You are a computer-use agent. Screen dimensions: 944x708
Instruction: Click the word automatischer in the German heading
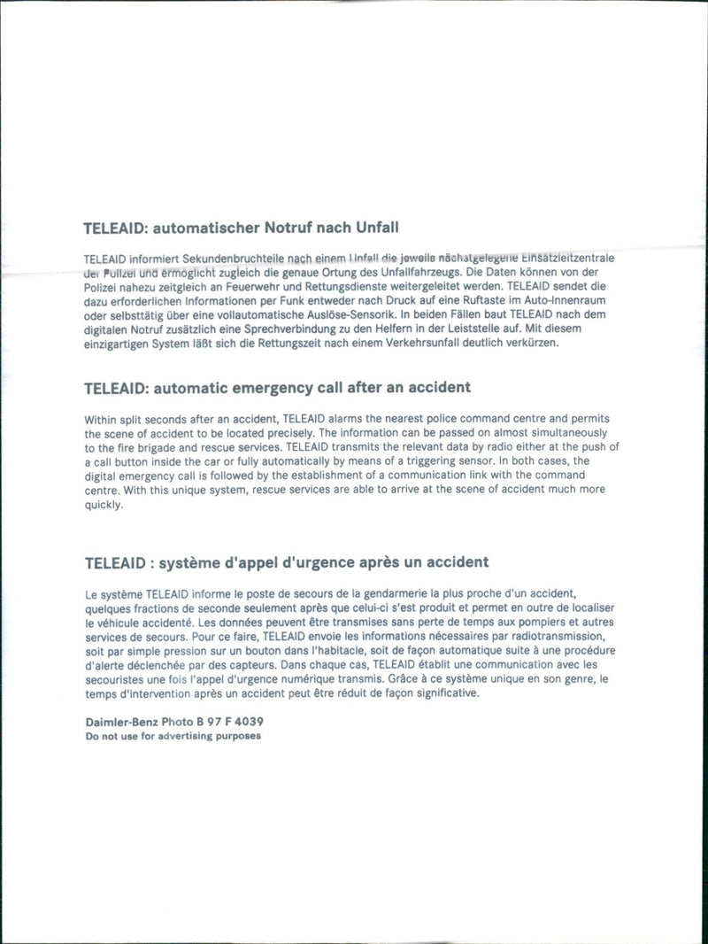pos(207,228)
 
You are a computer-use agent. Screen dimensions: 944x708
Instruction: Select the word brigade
pos(153,447)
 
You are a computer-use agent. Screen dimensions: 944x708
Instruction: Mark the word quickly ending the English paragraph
pos(104,504)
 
